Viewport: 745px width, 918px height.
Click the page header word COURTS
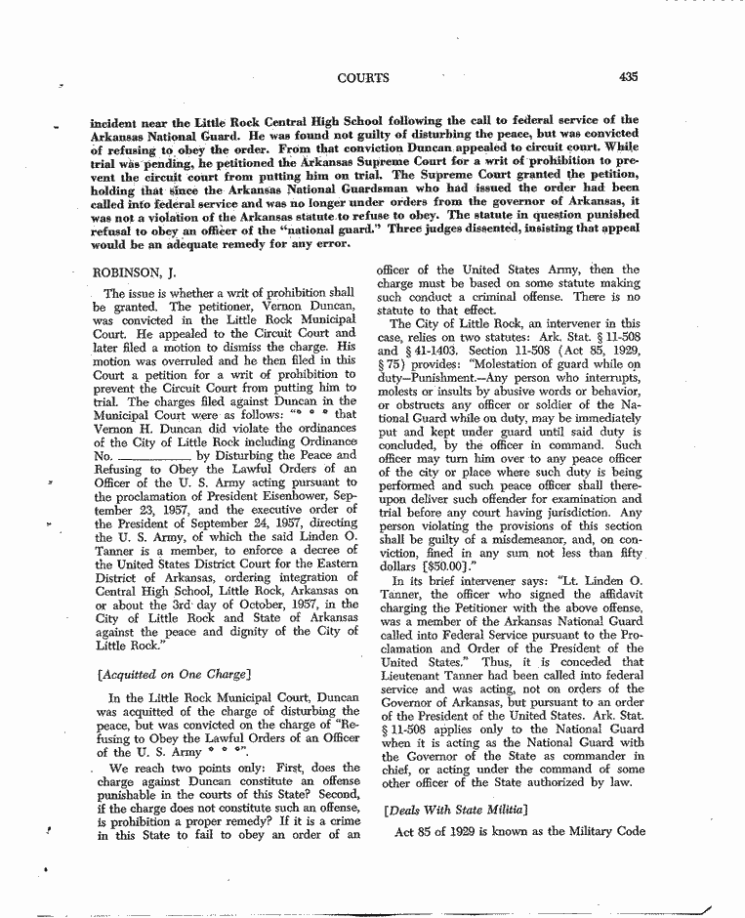pyautogui.click(x=363, y=77)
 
